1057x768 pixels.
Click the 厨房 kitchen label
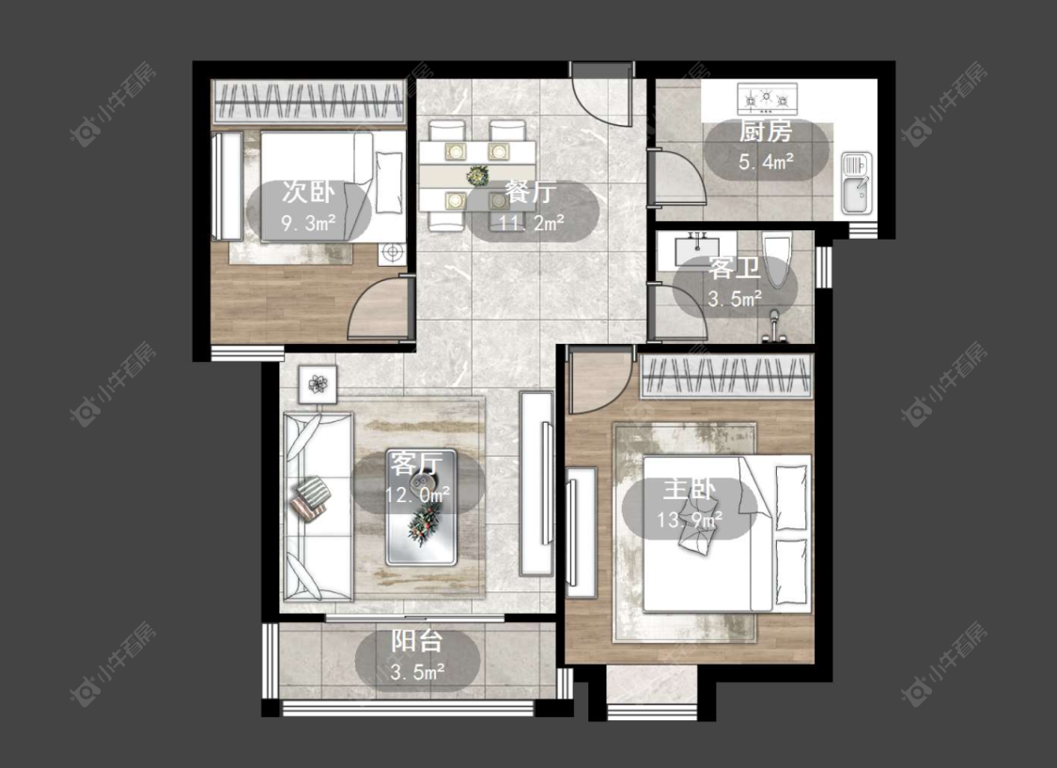pos(765,132)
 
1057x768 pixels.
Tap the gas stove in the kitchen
pos(767,99)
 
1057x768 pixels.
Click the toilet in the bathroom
pos(776,259)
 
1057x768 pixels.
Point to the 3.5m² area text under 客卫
pos(735,298)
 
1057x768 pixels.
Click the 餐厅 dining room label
pos(531,193)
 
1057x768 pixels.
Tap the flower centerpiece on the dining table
pos(478,175)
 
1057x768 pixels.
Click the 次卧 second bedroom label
pos(308,192)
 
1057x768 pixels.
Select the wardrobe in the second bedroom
pos(309,102)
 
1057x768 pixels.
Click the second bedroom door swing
pos(378,308)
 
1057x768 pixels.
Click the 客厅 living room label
pos(416,463)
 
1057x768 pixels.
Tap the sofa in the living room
pos(317,506)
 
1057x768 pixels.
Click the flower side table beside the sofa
pos(318,385)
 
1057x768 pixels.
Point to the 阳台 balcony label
pos(417,640)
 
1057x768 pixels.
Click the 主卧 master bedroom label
pos(689,489)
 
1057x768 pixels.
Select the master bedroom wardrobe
pos(726,376)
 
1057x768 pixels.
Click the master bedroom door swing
pos(599,380)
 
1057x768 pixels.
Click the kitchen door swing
pos(676,177)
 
